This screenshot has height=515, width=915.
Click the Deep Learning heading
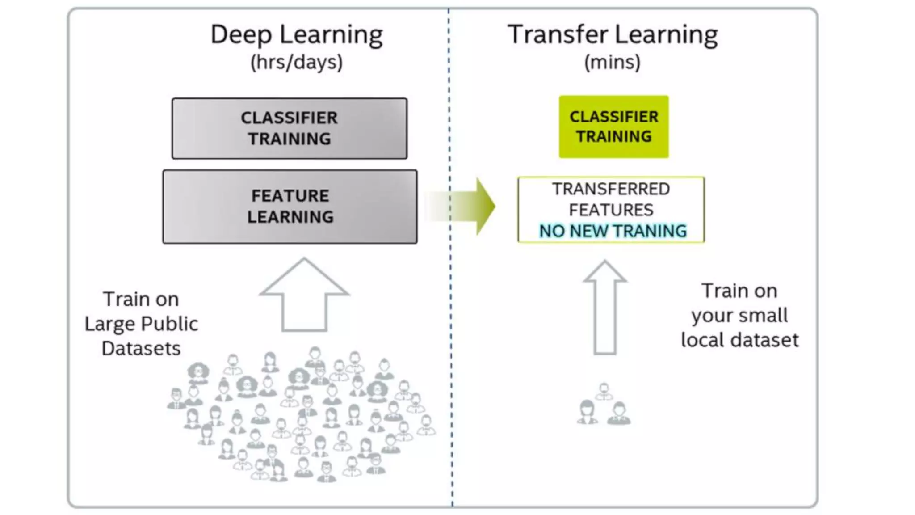pos(296,35)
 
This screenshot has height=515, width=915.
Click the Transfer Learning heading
pos(612,35)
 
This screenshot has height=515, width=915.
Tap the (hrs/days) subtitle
pos(296,62)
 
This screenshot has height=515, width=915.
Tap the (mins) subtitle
pos(612,62)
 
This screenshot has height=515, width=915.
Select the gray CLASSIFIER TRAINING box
pos(290,128)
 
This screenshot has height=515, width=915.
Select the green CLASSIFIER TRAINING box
pos(613,127)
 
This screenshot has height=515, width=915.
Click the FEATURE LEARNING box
pos(290,207)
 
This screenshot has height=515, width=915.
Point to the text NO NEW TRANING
pos(613,231)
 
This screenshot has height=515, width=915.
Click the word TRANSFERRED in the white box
pos(611,189)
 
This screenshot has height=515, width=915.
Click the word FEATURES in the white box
pos(611,210)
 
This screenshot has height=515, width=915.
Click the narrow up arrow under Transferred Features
pos(605,308)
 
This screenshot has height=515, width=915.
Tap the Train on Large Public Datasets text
pos(141,324)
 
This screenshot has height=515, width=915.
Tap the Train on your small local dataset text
pos(739,316)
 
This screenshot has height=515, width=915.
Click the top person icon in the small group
pos(604,391)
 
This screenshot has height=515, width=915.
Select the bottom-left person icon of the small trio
pos(587,413)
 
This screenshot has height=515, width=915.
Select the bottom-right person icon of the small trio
pos(619,414)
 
